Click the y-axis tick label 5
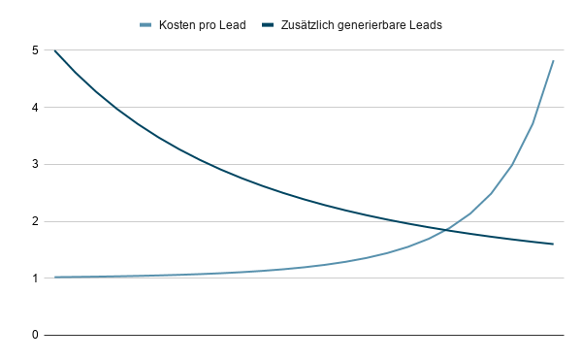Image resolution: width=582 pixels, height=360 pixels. (34, 49)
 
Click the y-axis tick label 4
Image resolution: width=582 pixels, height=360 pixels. (34, 107)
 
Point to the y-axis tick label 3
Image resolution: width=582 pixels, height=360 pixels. (34, 164)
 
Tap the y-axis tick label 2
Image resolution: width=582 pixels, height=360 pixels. (34, 221)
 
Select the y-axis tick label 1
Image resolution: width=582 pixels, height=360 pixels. (34, 278)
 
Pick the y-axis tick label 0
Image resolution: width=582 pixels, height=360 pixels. (34, 335)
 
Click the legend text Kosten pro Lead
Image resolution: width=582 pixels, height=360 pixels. (202, 25)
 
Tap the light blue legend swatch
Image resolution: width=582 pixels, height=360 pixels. (146, 25)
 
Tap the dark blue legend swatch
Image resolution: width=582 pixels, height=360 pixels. (269, 25)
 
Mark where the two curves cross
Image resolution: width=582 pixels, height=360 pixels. (445, 230)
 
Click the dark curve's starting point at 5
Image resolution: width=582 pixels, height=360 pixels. (55, 50)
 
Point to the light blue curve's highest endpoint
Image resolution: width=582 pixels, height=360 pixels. (553, 61)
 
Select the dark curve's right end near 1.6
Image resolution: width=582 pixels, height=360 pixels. (553, 244)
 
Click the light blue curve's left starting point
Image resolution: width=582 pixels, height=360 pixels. (55, 277)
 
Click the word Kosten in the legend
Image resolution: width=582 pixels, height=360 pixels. (178, 25)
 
